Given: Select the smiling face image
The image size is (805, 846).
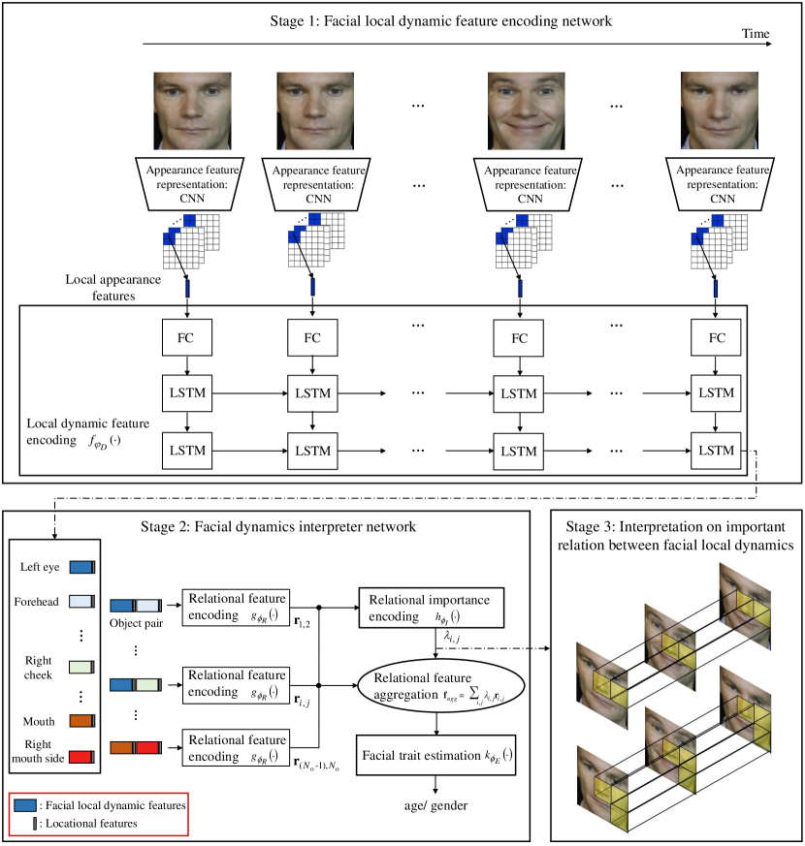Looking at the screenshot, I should [x=526, y=110].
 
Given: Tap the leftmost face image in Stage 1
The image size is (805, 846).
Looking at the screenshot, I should [x=192, y=110].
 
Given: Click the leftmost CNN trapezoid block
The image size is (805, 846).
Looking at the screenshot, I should [x=192, y=182].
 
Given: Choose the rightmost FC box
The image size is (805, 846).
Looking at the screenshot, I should [x=717, y=337].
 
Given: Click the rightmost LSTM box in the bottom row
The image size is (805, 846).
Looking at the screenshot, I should [x=717, y=451].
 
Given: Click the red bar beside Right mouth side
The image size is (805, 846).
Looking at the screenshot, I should [x=81, y=758].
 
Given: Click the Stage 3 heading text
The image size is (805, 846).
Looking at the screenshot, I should [x=676, y=534].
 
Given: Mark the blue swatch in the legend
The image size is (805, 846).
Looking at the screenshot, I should [x=26, y=804].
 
